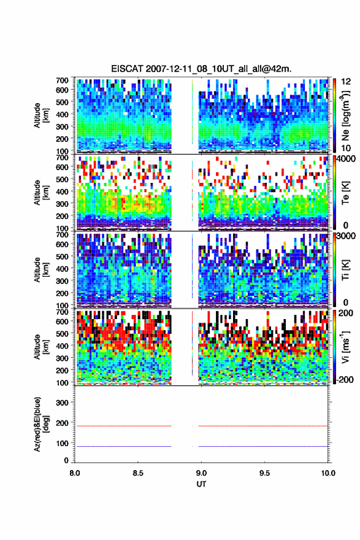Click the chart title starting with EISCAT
coord(201,69)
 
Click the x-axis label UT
coord(201,484)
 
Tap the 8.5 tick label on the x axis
coord(138,473)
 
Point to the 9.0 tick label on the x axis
coord(201,473)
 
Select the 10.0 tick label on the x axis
coord(327,473)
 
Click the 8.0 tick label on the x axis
coord(75,473)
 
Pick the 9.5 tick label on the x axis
coord(265,473)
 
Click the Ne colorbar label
coord(345,115)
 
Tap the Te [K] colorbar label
coord(345,193)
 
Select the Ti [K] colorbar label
coord(345,269)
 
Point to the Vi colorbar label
coord(345,347)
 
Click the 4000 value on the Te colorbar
coord(345,159)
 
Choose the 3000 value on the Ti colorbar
coord(345,236)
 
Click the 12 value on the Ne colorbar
coord(346,82)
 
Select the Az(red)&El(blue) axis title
coord(40,424)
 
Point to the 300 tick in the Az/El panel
coord(63,403)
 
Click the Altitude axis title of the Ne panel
coord(40,115)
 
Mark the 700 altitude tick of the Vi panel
coord(63,312)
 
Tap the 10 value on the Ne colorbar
coord(346,148)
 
